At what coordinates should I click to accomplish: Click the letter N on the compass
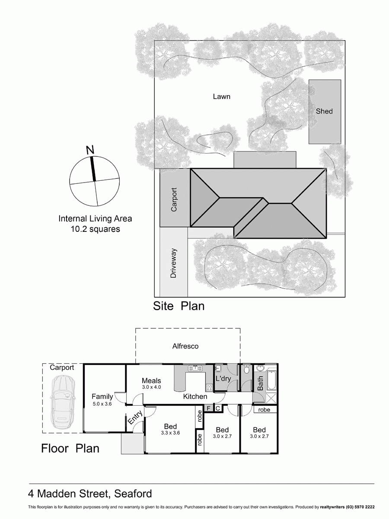click(90, 150)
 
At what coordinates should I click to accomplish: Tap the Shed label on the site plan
click(324, 111)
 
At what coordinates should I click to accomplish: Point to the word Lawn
click(221, 96)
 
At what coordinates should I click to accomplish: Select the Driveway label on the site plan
click(174, 263)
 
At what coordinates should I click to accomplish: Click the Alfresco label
click(185, 346)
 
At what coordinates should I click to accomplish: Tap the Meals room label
click(151, 381)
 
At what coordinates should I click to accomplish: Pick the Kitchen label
click(195, 396)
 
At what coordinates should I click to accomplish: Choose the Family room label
click(102, 396)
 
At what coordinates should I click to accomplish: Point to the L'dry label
click(223, 379)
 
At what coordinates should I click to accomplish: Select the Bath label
click(260, 383)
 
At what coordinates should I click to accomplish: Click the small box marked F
click(209, 408)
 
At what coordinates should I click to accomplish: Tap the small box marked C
click(218, 408)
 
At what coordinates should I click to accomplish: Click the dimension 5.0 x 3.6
click(102, 404)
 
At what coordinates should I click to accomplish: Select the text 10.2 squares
click(95, 229)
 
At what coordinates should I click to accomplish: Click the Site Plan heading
click(179, 306)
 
